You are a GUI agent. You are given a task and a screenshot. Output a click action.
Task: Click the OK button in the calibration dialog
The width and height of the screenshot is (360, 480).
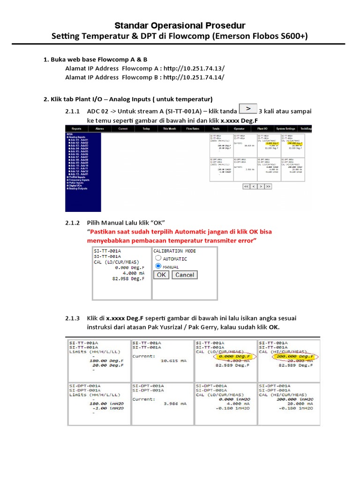coord(161,275)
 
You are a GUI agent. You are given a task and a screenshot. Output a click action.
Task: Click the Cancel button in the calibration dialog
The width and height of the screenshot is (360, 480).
coord(184,275)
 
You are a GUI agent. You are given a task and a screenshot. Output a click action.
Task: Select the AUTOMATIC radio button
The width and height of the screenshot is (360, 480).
coord(158,258)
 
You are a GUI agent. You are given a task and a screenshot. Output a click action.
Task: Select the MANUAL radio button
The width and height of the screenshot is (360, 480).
coord(158,266)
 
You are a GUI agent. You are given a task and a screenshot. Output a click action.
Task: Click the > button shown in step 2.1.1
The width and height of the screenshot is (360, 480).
coord(247,109)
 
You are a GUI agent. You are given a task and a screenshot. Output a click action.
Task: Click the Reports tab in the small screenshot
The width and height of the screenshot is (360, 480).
coord(76,128)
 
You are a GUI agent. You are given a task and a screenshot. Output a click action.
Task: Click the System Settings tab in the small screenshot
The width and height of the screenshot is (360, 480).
coord(285,128)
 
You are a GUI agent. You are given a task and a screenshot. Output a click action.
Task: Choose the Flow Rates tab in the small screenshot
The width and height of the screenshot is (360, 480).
coord(192,128)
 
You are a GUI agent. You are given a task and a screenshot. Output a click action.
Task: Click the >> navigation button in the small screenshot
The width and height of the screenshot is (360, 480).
coord(268,186)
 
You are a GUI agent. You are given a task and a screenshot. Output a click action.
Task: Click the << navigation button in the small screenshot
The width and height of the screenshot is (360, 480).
coord(246,186)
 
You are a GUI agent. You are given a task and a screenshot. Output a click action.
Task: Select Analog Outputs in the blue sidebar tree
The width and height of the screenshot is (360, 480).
coord(77,188)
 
